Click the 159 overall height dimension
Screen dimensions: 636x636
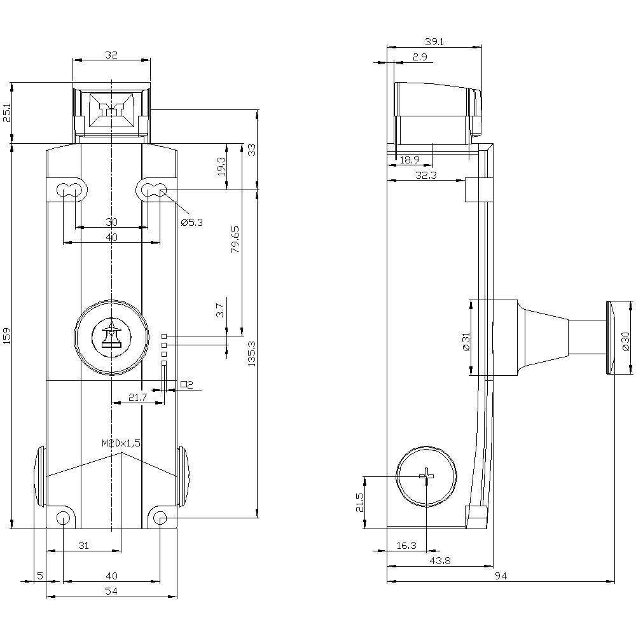7,335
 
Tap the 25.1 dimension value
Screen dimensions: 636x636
7,113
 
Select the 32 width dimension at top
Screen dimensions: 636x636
111,55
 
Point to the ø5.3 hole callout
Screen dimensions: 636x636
192,222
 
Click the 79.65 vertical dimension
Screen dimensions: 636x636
235,240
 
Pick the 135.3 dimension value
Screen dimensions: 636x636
251,354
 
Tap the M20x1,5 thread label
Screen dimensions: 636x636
121,443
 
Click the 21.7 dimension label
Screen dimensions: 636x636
137,397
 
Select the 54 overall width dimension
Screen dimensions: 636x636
111,591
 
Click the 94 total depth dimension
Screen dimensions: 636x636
501,576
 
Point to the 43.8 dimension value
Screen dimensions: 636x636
440,560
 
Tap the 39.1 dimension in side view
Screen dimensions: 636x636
434,41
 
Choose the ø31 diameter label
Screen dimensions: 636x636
466,342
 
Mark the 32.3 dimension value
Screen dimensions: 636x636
426,176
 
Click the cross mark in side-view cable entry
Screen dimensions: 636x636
426,476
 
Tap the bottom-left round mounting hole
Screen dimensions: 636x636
63,518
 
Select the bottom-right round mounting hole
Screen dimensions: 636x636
161,518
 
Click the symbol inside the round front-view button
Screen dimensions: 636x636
111,336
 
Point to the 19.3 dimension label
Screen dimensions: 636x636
221,166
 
